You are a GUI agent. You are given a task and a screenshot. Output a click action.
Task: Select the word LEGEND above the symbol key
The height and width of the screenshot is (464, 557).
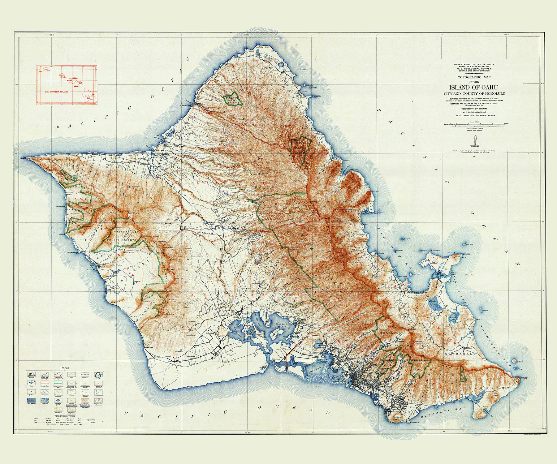pos(65,368)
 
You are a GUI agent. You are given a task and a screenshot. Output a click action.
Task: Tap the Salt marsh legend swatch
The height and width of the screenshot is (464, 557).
pos(31,400)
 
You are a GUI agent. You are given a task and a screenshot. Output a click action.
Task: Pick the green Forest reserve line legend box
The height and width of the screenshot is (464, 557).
pos(58,383)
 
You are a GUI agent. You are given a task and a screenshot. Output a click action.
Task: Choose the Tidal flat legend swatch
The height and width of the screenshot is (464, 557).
pos(45,400)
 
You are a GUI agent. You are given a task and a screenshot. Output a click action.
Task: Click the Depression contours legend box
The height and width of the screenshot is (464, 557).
pos(98,401)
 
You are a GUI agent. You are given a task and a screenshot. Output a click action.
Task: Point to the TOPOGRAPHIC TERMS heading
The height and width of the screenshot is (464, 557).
pos(65,416)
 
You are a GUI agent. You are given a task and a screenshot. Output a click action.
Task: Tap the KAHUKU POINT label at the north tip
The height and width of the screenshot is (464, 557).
pos(262,47)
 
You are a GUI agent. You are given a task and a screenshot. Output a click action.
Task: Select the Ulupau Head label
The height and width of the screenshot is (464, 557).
pos(457,255)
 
